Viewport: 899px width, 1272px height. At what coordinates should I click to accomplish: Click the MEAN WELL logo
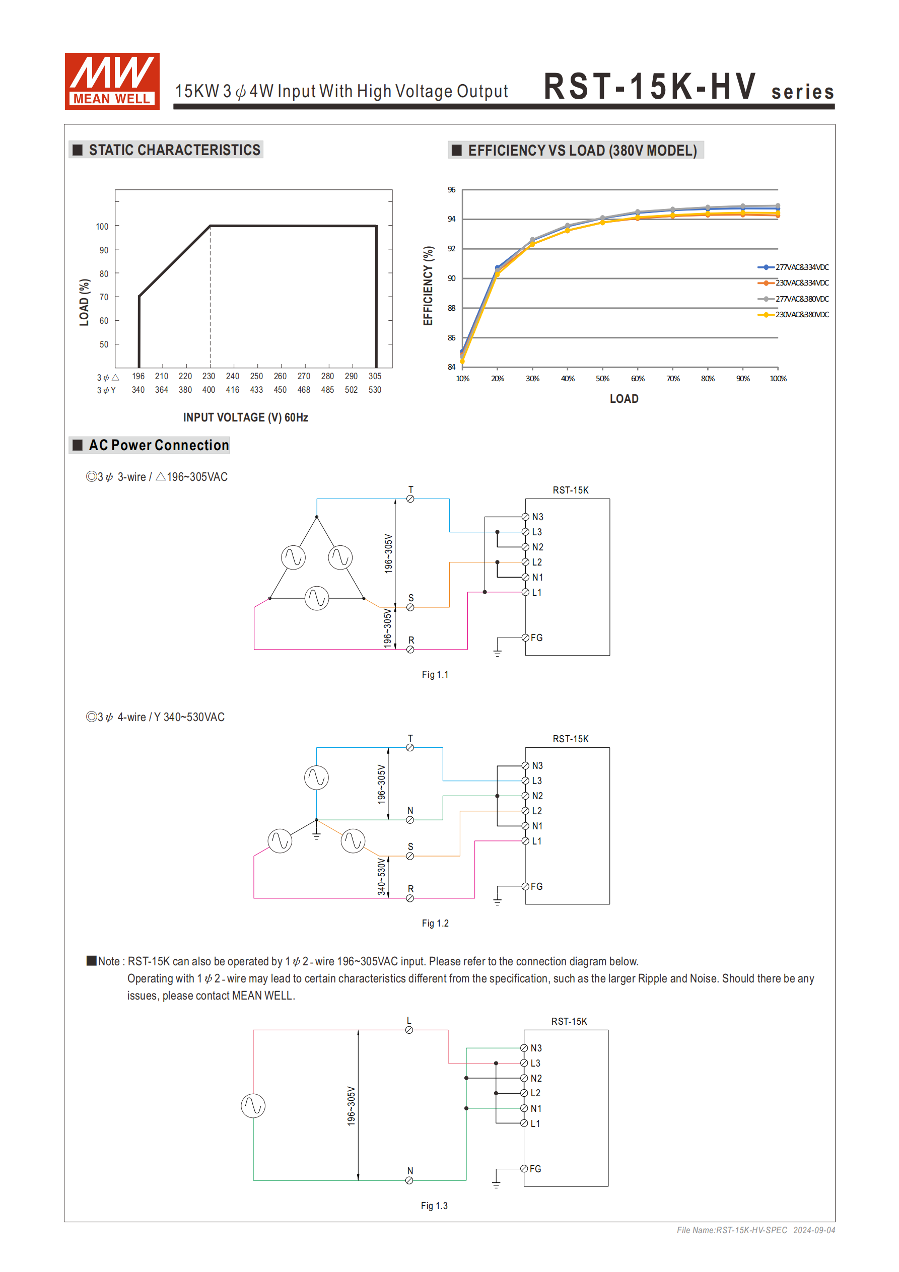point(112,81)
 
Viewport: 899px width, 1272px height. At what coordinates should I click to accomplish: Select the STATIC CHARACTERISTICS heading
point(174,150)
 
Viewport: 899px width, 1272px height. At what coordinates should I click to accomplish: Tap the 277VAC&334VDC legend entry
point(801,267)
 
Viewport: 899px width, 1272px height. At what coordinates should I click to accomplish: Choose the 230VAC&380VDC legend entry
point(801,315)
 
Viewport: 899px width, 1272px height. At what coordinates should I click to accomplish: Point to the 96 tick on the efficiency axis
point(451,189)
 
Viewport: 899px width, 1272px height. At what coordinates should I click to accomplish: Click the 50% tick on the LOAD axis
point(602,378)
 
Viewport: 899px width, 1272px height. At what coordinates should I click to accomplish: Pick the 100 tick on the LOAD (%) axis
point(102,226)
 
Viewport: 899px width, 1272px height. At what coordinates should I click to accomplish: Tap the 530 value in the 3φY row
point(375,390)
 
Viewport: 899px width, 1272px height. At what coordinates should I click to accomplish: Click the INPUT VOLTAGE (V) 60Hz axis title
point(246,417)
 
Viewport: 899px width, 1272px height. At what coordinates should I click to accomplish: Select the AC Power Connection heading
point(159,446)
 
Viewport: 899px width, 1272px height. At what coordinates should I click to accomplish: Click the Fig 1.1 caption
point(435,674)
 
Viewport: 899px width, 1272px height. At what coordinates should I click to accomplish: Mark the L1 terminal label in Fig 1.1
point(537,592)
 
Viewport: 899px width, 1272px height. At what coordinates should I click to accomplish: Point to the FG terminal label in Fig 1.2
point(536,886)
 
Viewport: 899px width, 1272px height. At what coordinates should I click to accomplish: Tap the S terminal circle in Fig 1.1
point(410,607)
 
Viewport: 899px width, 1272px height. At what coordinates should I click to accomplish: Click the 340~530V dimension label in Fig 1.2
point(381,876)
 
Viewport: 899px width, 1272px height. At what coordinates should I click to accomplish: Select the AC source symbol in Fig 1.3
point(253,1106)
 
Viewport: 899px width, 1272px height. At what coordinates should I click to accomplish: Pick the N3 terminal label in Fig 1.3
point(536,1048)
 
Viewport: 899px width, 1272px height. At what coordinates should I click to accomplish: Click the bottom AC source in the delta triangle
point(316,598)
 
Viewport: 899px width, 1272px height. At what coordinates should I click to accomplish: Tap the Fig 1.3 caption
point(434,1206)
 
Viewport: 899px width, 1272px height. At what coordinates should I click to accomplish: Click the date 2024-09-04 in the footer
point(814,1230)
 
